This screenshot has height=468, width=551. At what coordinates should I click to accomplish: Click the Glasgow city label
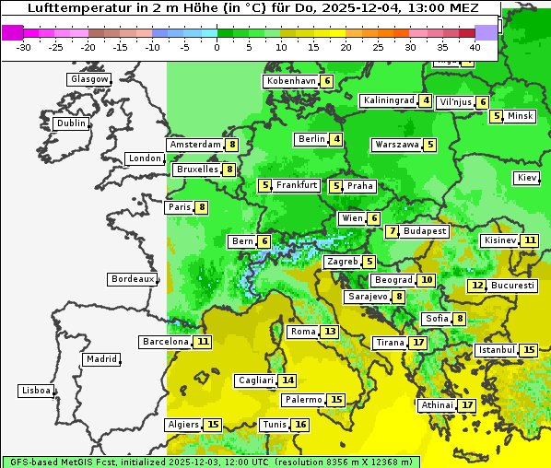tap(89, 79)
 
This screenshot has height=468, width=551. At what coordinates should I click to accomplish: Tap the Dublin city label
tap(71, 123)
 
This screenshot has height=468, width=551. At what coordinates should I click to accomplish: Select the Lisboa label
tap(36, 391)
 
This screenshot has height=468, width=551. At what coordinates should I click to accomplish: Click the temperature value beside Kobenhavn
tap(327, 81)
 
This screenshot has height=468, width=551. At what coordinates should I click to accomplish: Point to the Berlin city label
tap(312, 139)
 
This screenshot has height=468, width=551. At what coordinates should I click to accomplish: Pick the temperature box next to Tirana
tap(418, 343)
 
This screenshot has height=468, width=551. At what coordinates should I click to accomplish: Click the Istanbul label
tap(497, 350)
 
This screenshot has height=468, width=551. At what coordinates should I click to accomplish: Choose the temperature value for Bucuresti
tap(476, 286)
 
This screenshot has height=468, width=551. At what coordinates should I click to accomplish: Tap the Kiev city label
tap(528, 178)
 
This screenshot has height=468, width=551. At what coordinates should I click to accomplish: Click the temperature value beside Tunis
tap(300, 425)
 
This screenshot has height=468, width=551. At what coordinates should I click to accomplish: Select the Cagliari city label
tap(256, 380)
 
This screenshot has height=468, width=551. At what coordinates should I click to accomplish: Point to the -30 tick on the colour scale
tap(24, 46)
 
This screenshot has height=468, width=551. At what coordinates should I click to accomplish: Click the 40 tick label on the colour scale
tap(475, 46)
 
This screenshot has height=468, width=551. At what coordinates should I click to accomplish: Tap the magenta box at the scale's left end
tap(13, 32)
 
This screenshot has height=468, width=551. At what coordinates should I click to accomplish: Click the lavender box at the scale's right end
tap(486, 32)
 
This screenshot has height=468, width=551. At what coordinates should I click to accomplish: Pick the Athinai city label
tap(437, 405)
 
